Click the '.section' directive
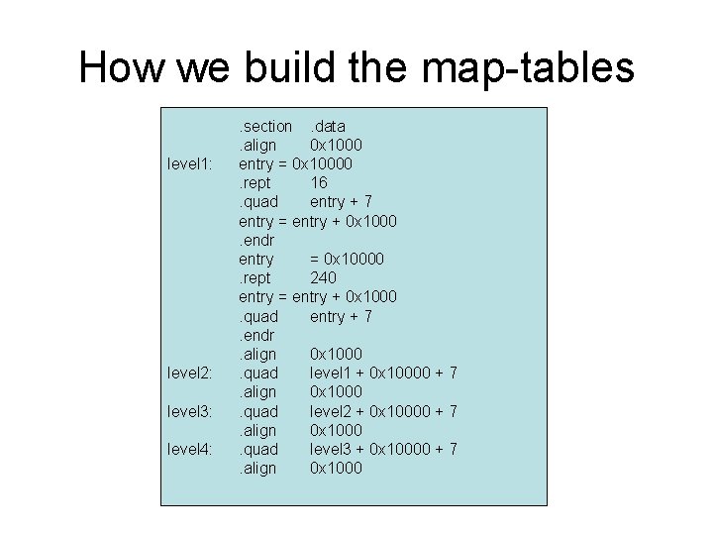click(x=264, y=126)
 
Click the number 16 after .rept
click(x=319, y=182)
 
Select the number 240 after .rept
click(x=324, y=277)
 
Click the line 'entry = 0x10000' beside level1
click(x=297, y=163)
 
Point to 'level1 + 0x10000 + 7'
click(x=383, y=373)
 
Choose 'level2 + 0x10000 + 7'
click(x=383, y=410)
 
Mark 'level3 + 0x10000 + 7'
click(x=383, y=449)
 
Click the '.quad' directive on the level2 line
click(x=258, y=373)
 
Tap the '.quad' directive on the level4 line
click(x=258, y=449)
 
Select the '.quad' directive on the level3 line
click(x=258, y=410)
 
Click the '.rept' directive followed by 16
click(x=255, y=182)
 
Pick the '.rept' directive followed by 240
click(x=255, y=277)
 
